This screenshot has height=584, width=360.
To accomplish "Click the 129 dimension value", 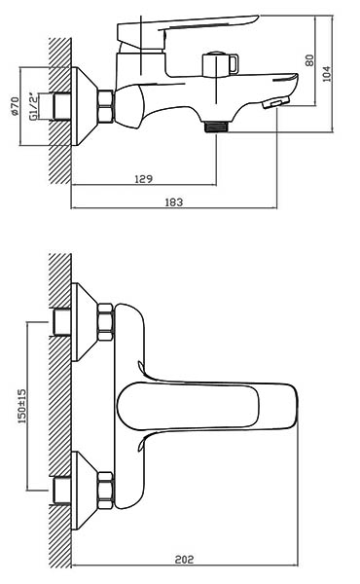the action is tap(143, 179).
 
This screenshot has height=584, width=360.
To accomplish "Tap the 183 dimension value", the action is tap(174, 202).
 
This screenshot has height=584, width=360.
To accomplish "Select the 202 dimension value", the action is tap(184, 560).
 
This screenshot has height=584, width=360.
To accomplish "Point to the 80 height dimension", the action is tap(309, 60).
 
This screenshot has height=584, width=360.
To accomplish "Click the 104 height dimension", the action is tap(326, 73).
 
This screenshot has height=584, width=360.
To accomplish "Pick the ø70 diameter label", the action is tap(15, 106).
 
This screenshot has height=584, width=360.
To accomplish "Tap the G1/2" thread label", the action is tap(33, 106).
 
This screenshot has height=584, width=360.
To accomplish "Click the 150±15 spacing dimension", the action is tap(22, 406).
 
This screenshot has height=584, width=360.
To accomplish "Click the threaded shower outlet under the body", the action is tap(217, 127).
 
